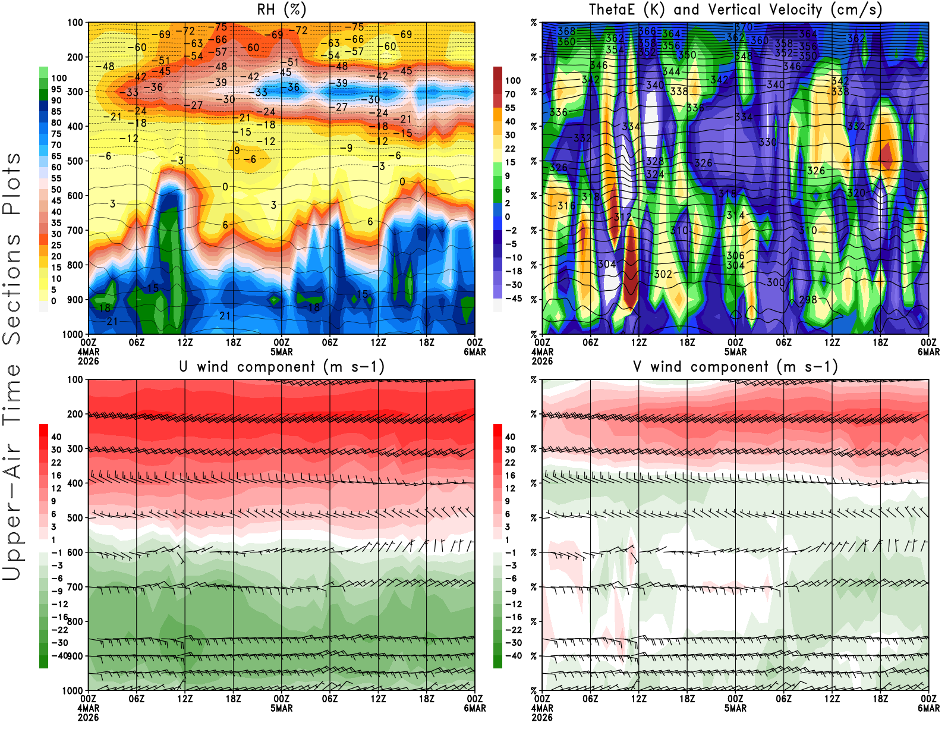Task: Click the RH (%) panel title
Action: coord(282,10)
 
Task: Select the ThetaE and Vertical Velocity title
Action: coord(735,10)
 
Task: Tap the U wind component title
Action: coord(282,366)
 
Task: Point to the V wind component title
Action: coord(735,366)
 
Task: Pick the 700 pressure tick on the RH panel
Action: coord(75,230)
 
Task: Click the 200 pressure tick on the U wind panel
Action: coord(75,414)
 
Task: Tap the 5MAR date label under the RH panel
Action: coord(282,351)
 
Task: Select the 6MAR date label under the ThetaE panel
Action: coord(928,351)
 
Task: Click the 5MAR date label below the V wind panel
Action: coord(735,708)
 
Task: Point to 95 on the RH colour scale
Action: coord(56,89)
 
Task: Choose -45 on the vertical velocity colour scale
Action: coord(512,299)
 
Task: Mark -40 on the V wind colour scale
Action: coord(512,655)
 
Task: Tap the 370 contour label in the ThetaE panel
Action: coord(744,27)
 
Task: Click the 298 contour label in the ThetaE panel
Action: coord(808,300)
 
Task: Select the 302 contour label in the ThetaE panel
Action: coord(663,274)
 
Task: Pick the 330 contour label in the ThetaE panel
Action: coord(767,142)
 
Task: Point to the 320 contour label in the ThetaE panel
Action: coord(856,193)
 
